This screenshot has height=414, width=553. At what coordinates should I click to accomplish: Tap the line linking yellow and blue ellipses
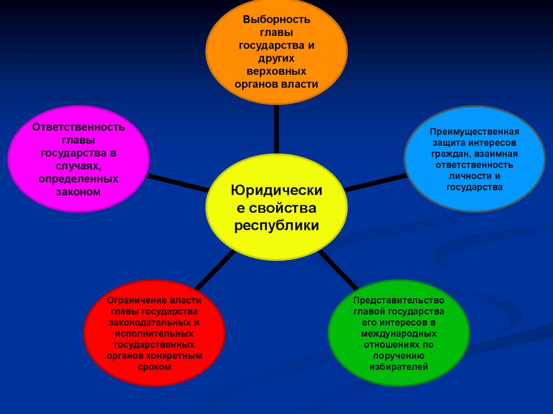point(375,182)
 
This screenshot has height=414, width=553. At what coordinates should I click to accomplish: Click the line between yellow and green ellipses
point(338,270)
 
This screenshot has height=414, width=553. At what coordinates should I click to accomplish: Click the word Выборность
point(276,19)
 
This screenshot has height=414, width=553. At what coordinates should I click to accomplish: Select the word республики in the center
point(276,225)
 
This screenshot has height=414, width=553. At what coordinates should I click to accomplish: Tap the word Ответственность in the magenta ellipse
point(79,127)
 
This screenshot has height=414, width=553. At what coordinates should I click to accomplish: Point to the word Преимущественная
point(475,132)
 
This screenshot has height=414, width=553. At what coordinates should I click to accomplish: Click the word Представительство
point(399,300)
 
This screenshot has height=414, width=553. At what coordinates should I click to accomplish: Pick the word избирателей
point(399,367)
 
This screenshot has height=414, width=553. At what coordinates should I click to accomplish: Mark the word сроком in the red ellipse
point(154,367)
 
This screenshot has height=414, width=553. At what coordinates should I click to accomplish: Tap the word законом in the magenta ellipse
point(79,191)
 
